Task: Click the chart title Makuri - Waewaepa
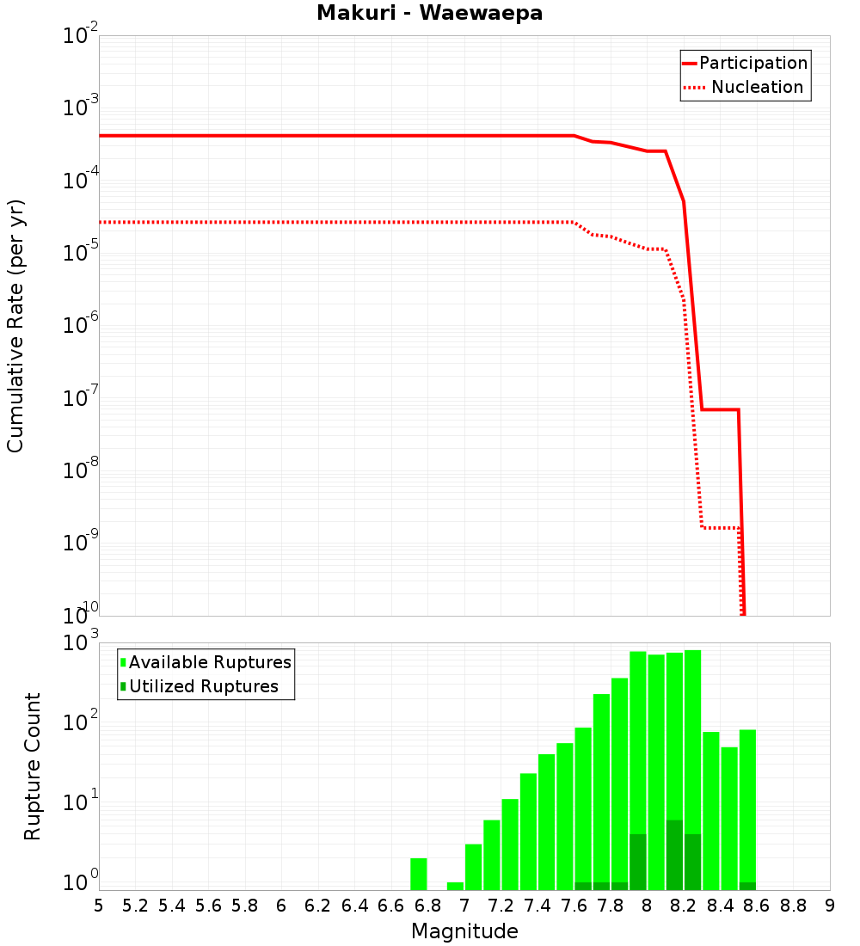pyautogui.click(x=429, y=14)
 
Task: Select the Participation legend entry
pyautogui.click(x=752, y=63)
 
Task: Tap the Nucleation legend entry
pyautogui.click(x=756, y=87)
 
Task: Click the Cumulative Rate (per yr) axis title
pyautogui.click(x=16, y=326)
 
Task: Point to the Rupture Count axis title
pyautogui.click(x=33, y=766)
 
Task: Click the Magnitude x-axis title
pyautogui.click(x=464, y=931)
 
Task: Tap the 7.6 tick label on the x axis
pyautogui.click(x=574, y=906)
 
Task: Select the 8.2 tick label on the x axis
pyautogui.click(x=684, y=906)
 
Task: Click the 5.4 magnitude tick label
pyautogui.click(x=172, y=906)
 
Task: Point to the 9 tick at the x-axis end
pyautogui.click(x=830, y=906)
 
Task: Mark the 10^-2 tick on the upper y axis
pyautogui.click(x=82, y=36)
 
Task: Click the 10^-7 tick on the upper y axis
pyautogui.click(x=82, y=398)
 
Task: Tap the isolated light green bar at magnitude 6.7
pyautogui.click(x=419, y=874)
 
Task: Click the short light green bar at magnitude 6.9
pyautogui.click(x=455, y=886)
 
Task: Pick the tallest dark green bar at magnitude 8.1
pyautogui.click(x=674, y=855)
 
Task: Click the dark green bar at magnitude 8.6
pyautogui.click(x=747, y=886)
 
